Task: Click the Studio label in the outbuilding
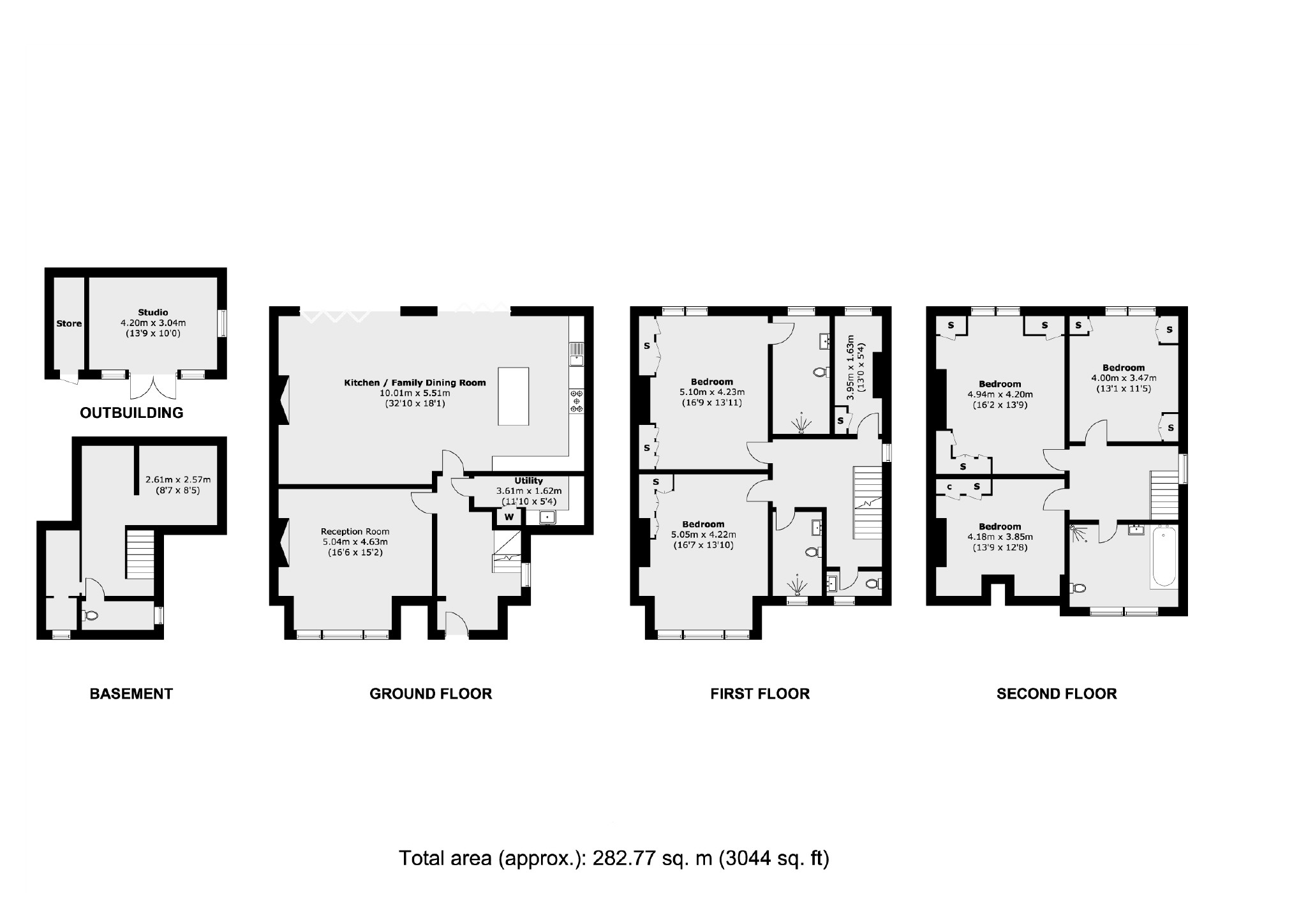[153, 313]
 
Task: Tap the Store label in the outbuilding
[69, 323]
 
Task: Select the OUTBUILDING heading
[131, 413]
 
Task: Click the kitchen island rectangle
[513, 396]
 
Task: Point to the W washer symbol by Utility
[509, 517]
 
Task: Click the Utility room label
[529, 481]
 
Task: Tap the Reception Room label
[355, 531]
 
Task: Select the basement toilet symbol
[90, 616]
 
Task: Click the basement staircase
[140, 554]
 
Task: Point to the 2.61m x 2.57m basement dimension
[178, 480]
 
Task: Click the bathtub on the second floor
[1163, 556]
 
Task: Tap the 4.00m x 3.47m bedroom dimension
[1124, 378]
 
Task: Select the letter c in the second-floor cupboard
[949, 487]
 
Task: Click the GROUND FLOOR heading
[431, 694]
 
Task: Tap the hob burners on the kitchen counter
[577, 401]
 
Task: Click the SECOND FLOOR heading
[1057, 694]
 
